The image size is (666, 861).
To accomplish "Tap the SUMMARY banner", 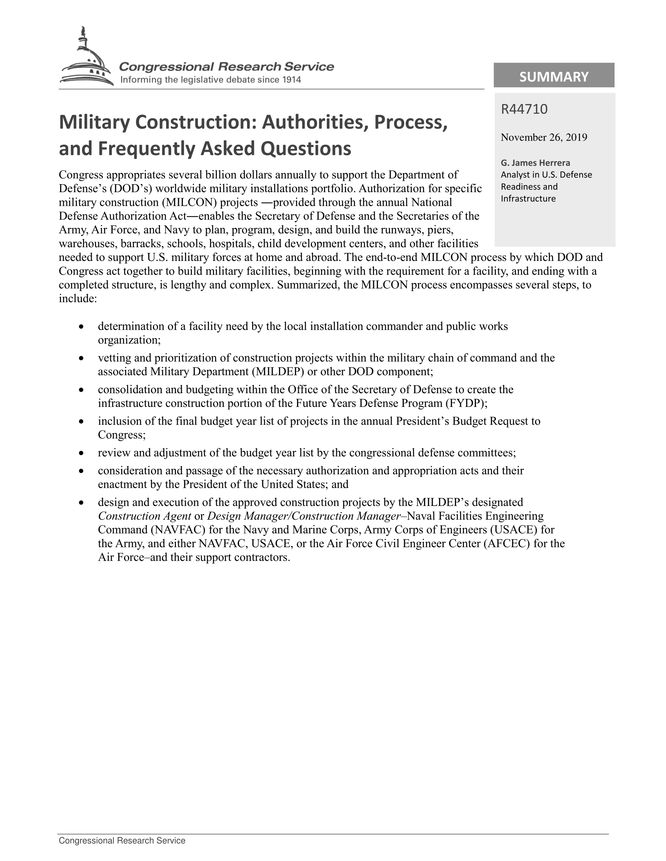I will tap(554, 76).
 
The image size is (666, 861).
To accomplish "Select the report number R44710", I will tap(524, 109).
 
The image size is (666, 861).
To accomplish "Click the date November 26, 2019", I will tap(544, 137).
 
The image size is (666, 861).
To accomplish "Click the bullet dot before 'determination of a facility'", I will tap(81, 327).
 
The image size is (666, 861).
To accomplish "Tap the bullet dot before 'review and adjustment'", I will tap(81, 453).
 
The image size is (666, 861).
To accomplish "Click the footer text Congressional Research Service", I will tap(122, 840).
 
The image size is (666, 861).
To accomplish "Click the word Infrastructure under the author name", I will tap(528, 199).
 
